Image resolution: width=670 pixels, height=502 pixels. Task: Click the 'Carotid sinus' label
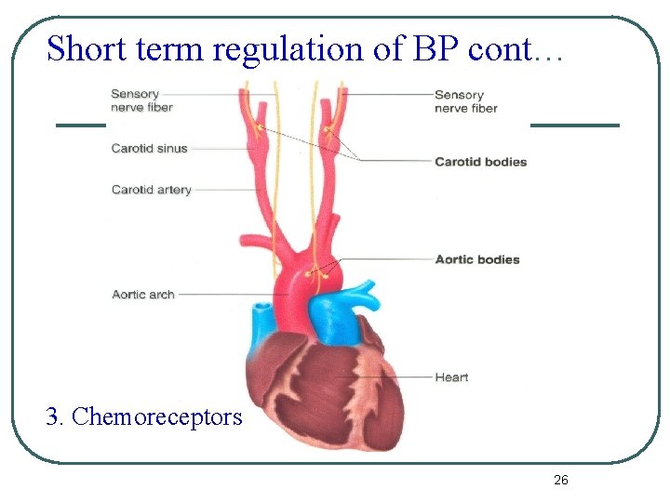tap(149, 148)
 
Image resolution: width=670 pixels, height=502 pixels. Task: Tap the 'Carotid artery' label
tap(151, 190)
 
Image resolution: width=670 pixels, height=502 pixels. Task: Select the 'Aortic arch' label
tap(142, 295)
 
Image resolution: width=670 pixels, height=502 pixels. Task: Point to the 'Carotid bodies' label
tap(480, 162)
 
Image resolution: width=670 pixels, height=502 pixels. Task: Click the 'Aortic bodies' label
tap(476, 259)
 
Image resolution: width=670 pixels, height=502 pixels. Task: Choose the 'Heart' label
tap(451, 377)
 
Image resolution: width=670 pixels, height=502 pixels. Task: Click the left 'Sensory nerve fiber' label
tap(141, 100)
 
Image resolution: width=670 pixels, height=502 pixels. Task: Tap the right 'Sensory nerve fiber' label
tap(465, 101)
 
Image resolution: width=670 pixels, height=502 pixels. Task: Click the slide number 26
tap(560, 480)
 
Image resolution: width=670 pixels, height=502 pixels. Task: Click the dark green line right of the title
tap(574, 125)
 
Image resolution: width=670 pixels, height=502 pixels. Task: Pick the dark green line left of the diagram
tap(81, 125)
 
